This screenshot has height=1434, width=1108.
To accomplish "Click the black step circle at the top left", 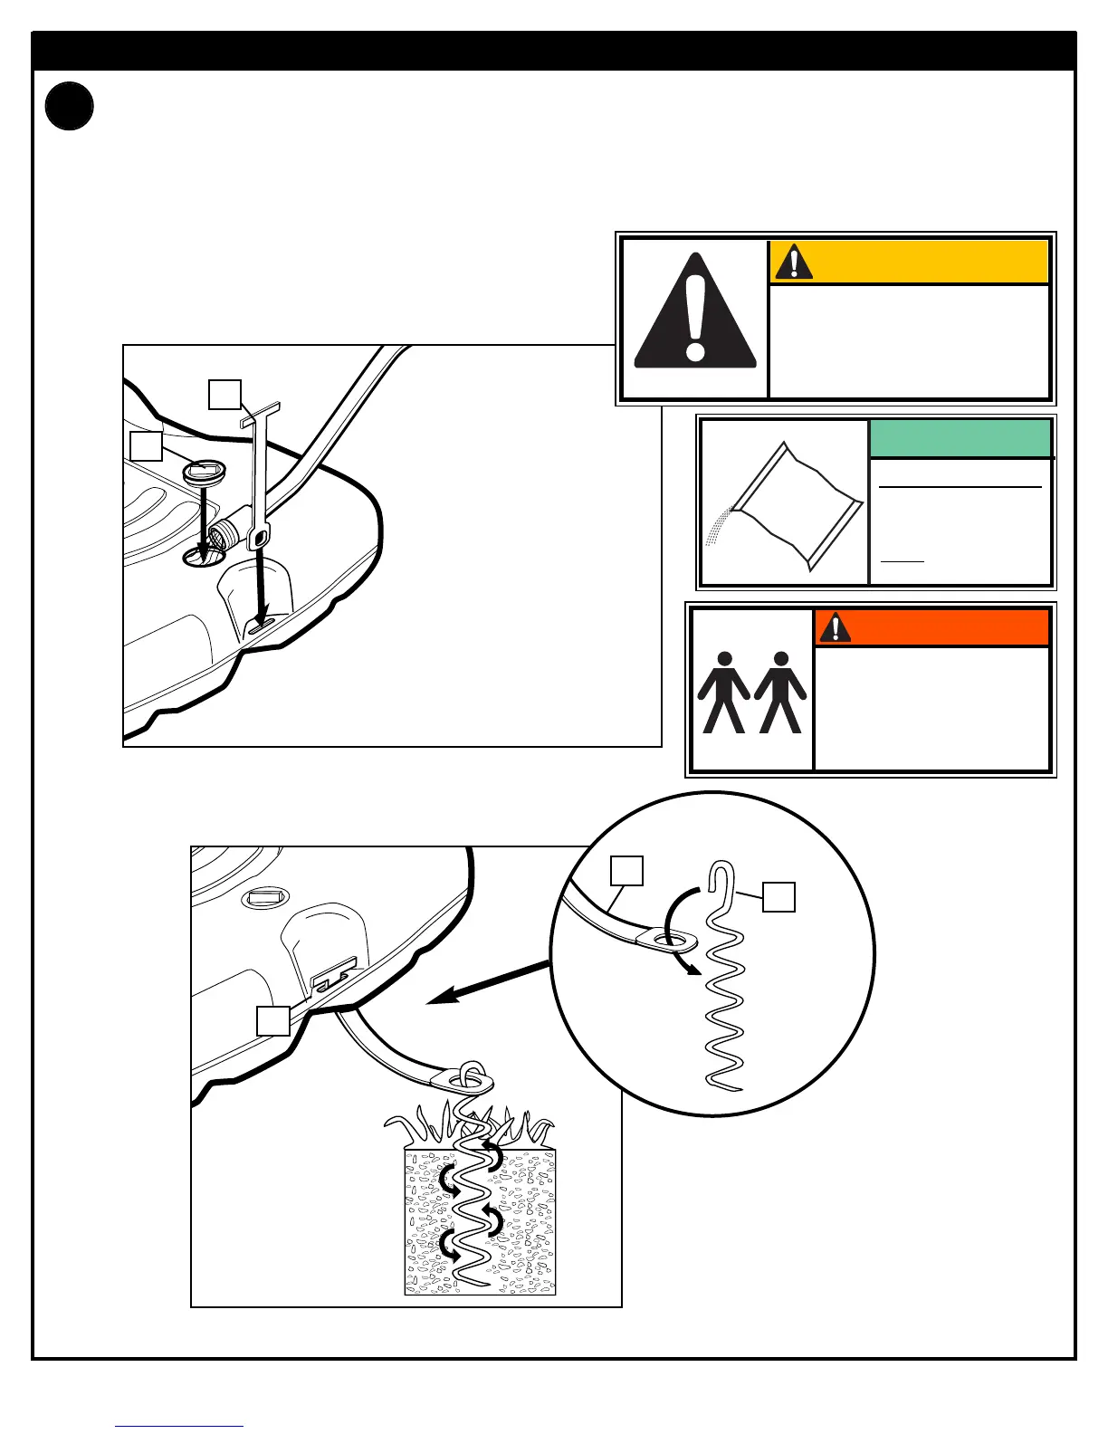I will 69,106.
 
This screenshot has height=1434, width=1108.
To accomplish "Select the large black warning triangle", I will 694,313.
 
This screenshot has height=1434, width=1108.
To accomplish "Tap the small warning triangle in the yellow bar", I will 794,262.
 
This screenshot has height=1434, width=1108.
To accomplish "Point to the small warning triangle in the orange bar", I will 834,626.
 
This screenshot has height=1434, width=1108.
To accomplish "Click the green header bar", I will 960,439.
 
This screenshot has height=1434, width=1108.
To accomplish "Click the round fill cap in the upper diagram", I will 204,471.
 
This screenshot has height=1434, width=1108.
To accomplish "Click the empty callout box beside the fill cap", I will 146,445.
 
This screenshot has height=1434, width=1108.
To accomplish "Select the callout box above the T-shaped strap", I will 224,394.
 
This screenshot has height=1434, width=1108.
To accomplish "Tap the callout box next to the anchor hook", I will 778,896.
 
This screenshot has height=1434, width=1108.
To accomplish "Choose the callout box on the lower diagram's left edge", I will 272,1020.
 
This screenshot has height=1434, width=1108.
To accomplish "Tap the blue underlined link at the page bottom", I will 179,1425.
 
